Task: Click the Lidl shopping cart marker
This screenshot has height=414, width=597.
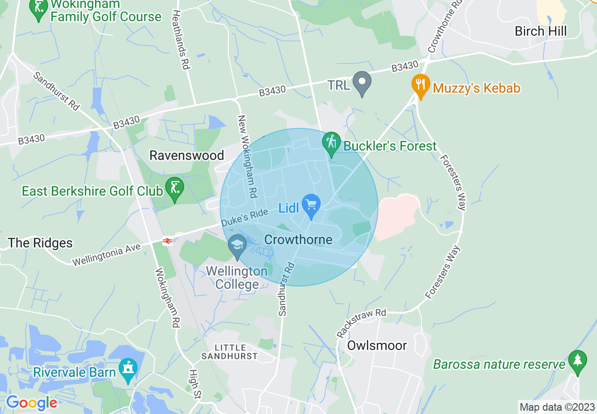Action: tap(311, 205)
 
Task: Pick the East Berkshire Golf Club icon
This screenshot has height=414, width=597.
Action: tap(175, 188)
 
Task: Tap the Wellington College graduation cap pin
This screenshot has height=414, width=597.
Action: tap(237, 245)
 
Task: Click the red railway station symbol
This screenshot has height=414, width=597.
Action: tap(167, 241)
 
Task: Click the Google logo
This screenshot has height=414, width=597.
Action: tap(31, 403)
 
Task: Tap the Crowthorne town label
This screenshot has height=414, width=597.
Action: tap(298, 239)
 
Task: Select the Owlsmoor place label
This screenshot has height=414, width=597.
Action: tap(377, 346)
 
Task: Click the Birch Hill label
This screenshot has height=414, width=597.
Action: tap(541, 32)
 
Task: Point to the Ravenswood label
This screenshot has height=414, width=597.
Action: tap(186, 155)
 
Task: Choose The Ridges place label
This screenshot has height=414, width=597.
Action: tap(40, 243)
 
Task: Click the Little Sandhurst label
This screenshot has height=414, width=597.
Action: tap(230, 351)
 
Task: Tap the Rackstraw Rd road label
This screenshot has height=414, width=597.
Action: tap(361, 323)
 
